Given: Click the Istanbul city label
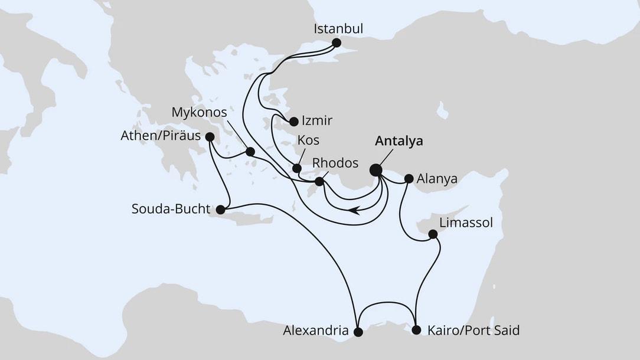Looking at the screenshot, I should (338, 28).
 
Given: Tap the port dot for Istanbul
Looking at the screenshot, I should (337, 42).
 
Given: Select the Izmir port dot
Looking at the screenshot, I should (293, 122).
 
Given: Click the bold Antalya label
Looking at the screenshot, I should (400, 142).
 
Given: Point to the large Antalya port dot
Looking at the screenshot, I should (375, 170).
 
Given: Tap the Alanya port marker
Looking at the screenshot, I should (409, 178).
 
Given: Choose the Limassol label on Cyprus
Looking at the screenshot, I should (466, 222).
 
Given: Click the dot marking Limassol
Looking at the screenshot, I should (432, 234).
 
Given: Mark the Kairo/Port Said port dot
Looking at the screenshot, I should (416, 330).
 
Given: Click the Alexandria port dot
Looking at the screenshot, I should (358, 332).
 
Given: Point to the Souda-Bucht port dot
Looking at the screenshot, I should (220, 210).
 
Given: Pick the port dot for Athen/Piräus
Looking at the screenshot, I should (209, 136).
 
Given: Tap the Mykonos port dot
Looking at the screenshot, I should (250, 152).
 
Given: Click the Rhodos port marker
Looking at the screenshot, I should (319, 181).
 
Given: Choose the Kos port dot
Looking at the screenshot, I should (297, 168).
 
